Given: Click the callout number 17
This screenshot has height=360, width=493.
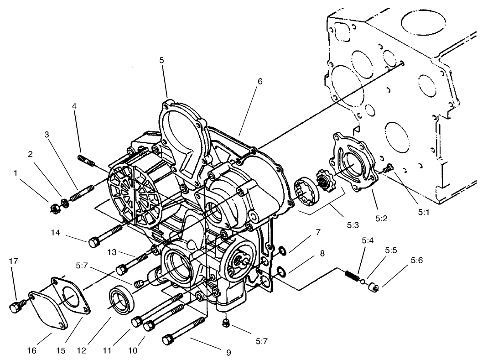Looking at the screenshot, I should (14, 261).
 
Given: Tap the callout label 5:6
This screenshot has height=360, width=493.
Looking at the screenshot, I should (416, 261).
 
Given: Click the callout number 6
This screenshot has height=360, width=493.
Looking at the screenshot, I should (260, 81).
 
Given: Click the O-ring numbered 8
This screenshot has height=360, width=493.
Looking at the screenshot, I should (282, 272).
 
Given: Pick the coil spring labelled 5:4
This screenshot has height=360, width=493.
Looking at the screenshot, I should (350, 275).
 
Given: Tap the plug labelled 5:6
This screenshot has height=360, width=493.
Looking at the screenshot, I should (374, 287).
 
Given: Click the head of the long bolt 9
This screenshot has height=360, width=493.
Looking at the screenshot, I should (168, 340).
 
